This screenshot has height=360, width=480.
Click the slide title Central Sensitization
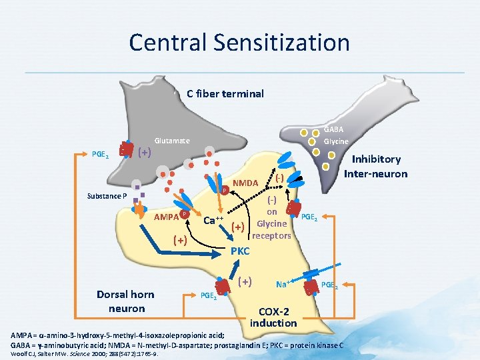pos(239,43)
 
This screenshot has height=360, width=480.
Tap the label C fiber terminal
pos(225,93)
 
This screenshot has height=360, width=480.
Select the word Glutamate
pos(172,141)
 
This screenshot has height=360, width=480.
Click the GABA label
pos(333,129)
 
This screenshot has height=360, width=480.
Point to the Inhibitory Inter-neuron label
pos(375,166)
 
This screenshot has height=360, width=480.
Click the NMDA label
pos(245,182)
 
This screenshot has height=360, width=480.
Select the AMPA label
pos(166,217)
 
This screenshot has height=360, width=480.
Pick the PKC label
pos(239,251)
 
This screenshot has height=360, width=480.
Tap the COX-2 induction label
pos(273,317)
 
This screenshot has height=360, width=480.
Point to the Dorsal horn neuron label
pos(126,301)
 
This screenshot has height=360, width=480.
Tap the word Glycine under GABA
pos(336,141)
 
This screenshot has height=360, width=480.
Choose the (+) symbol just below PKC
pos(245,281)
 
